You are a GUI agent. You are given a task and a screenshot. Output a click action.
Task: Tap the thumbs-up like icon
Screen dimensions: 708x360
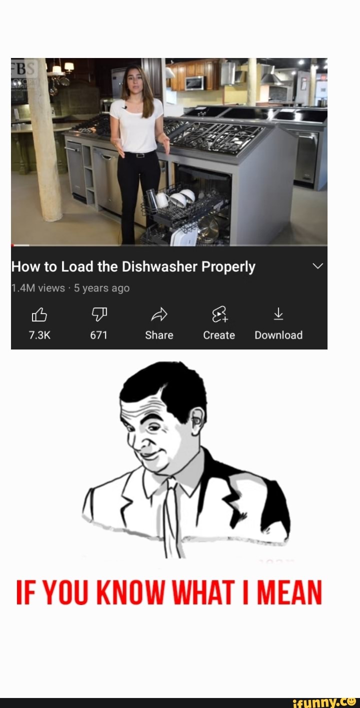tap(39, 314)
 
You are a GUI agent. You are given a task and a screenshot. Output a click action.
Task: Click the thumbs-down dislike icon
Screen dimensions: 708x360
tap(98, 314)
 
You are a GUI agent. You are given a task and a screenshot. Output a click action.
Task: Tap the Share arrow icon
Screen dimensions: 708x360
tap(159, 314)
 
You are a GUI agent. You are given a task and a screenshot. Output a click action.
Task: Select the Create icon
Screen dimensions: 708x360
tap(219, 314)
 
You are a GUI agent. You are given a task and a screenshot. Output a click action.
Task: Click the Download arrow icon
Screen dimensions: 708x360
tap(278, 314)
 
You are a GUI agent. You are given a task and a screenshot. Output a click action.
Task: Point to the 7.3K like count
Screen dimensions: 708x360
tap(39, 335)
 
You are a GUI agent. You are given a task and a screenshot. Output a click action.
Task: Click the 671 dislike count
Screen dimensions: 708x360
tap(98, 335)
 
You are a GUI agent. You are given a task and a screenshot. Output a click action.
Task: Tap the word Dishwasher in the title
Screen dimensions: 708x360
tap(159, 267)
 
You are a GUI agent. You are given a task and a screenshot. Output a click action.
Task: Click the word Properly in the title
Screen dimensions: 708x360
tap(228, 267)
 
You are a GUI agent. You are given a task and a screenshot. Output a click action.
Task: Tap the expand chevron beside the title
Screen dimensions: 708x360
tap(317, 266)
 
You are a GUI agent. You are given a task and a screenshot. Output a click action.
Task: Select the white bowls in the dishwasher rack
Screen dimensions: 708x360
tap(180, 197)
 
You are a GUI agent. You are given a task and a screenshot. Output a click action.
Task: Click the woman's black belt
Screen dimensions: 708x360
tap(136, 154)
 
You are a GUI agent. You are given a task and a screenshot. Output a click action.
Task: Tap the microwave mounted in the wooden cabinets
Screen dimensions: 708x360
tap(194, 83)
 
